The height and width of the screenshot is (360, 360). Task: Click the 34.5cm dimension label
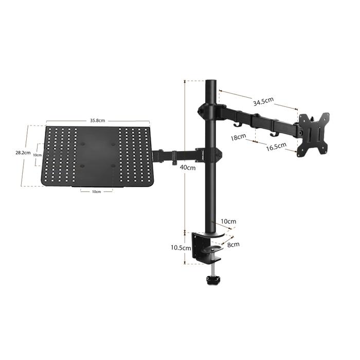click(263, 101)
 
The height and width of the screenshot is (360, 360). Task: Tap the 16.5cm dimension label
click(276, 147)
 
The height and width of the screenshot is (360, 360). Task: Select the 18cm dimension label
click(238, 137)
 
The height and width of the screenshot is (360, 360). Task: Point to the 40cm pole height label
click(188, 167)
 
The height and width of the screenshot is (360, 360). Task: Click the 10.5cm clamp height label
click(181, 248)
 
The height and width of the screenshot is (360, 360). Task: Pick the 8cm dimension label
click(233, 244)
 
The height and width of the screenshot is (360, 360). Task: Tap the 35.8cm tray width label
click(97, 120)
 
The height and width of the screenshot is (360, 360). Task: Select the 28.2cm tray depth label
click(23, 152)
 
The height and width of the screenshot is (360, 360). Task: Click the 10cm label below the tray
click(97, 191)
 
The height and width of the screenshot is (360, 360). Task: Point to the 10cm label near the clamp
click(228, 221)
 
